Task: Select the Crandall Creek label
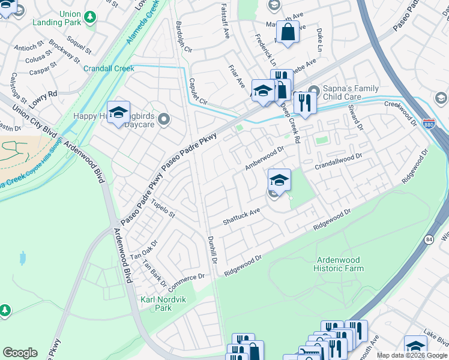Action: pyautogui.click(x=109, y=68)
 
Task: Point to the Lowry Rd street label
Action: pyautogui.click(x=43, y=95)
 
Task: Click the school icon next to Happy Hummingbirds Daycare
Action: pyautogui.click(x=119, y=112)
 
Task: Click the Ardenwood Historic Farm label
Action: pyautogui.click(x=339, y=264)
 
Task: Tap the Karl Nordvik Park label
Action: pyautogui.click(x=155, y=304)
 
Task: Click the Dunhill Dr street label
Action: pyautogui.click(x=213, y=247)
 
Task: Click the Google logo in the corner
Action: pyautogui.click(x=20, y=353)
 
